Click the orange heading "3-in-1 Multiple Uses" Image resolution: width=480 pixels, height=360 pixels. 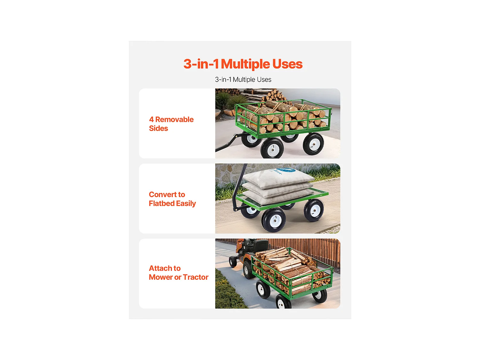tap(243, 64)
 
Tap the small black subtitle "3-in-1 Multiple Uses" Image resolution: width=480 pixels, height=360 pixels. tap(243, 80)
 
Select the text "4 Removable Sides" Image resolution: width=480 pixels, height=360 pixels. tap(171, 124)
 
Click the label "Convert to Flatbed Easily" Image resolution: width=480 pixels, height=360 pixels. tap(172, 199)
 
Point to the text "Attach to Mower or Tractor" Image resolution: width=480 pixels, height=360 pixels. tap(178, 273)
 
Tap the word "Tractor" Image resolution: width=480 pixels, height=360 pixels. tap(196, 277)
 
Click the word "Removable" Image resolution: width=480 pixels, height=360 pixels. tap(174, 119)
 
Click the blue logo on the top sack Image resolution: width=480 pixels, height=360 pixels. tap(285, 171)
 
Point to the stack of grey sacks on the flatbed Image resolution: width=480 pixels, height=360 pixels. tap(277, 187)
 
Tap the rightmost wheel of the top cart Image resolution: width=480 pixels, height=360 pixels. tap(313, 144)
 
